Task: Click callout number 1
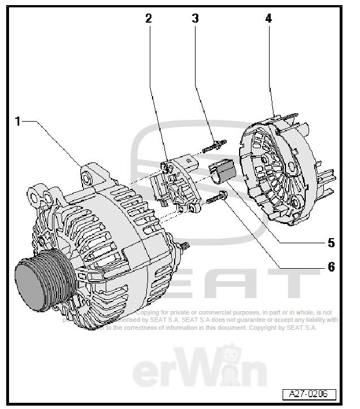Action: pos(18,121)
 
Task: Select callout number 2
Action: pos(149,18)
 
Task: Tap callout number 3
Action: pos(195,18)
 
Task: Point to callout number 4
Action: pos(268,18)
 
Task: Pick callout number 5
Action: pos(331,243)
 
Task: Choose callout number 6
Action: pos(331,266)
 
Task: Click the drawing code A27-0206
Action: pos(309,394)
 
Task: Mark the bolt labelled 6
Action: pos(216,199)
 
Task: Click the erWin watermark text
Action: pos(199,371)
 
